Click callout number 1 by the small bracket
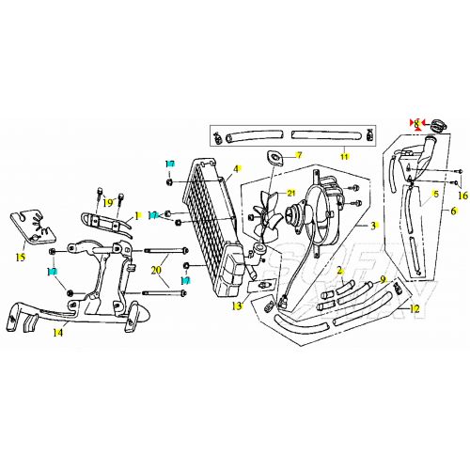click(136, 215)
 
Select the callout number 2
click(339, 270)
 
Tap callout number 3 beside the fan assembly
click(373, 226)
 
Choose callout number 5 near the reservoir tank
click(435, 195)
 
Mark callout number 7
click(299, 155)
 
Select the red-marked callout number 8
click(417, 123)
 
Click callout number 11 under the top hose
click(344, 156)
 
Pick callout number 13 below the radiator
click(239, 306)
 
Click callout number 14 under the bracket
click(58, 332)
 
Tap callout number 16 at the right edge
click(461, 195)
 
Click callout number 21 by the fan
click(291, 193)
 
